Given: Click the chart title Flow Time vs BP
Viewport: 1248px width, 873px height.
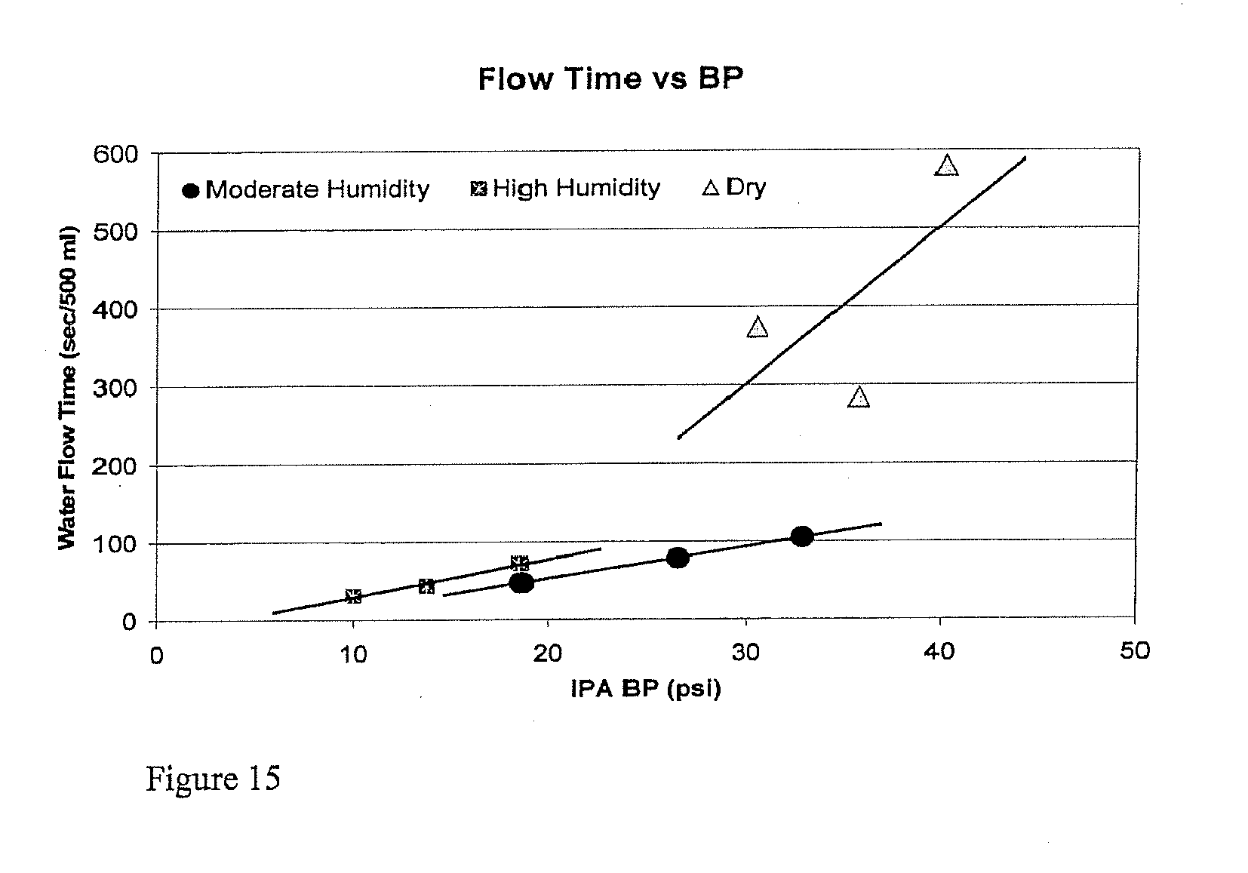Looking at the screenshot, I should point(610,79).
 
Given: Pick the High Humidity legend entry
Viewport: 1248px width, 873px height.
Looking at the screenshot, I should point(566,188).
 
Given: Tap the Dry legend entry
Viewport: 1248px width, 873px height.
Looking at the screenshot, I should point(734,187).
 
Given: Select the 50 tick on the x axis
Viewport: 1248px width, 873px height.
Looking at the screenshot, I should point(1134,651).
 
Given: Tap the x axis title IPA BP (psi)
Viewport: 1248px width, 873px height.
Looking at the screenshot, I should point(646,690).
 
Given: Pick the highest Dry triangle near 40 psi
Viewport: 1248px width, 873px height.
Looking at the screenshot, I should point(946,166).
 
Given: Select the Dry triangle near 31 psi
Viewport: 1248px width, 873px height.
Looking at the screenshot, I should point(758,327).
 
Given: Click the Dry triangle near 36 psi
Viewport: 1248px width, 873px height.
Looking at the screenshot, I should point(859,398).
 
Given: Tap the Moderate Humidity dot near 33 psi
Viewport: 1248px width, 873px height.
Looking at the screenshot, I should point(802,536).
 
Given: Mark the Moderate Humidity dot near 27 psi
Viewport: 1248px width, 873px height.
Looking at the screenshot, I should point(678,558).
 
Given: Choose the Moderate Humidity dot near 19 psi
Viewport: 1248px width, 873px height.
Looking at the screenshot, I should point(521,583).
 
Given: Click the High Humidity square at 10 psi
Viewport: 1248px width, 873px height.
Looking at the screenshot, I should point(353,596).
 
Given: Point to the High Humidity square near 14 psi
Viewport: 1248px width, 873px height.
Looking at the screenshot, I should point(426,586).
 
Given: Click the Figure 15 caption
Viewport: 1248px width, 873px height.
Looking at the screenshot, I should point(213,778).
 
